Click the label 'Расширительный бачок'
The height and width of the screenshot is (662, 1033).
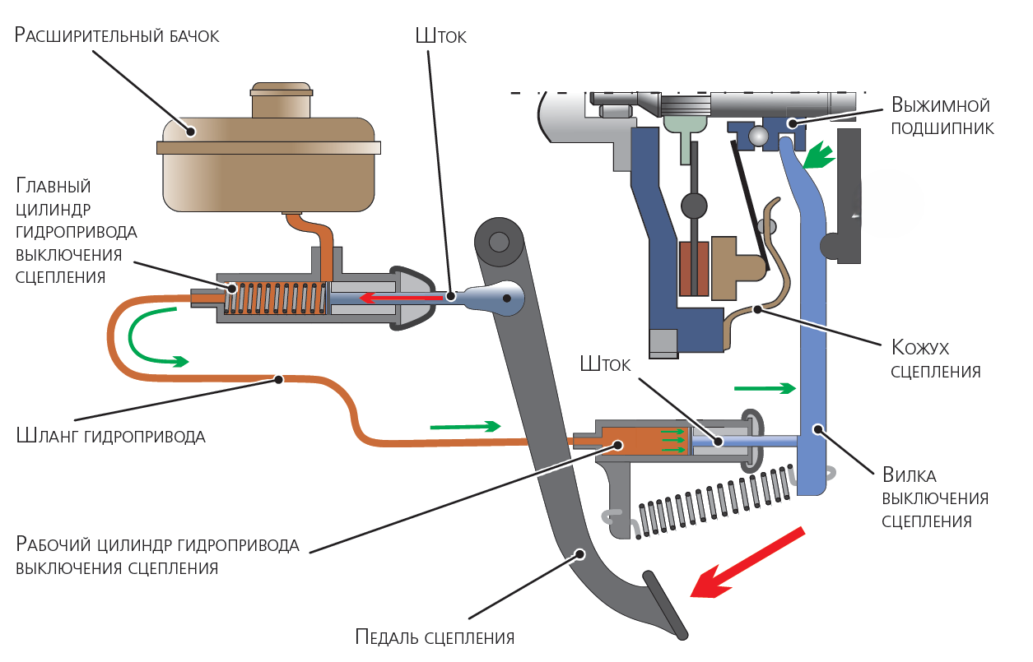point(117,35)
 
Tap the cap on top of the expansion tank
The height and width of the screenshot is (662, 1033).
point(281,100)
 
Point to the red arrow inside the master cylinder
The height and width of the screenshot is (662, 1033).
point(400,298)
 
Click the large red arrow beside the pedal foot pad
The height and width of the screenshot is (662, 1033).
point(747,562)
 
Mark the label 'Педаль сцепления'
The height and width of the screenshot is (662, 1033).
point(435,637)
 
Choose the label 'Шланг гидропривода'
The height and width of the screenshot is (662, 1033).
point(110,436)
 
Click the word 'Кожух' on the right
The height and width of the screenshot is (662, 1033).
point(920,348)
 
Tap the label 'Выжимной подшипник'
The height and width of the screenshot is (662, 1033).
point(942,117)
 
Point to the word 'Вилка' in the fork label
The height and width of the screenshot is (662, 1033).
point(909,475)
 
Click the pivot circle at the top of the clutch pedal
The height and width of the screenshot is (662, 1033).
point(499,242)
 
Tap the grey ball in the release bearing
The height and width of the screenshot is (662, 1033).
point(758,136)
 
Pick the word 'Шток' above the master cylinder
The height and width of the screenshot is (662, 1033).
point(440,36)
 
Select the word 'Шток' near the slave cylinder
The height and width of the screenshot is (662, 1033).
point(605,364)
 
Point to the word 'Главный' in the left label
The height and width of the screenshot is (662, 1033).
point(53,186)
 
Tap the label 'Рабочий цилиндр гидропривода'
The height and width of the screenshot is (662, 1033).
point(157,544)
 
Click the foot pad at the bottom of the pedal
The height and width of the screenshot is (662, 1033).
point(665,605)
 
